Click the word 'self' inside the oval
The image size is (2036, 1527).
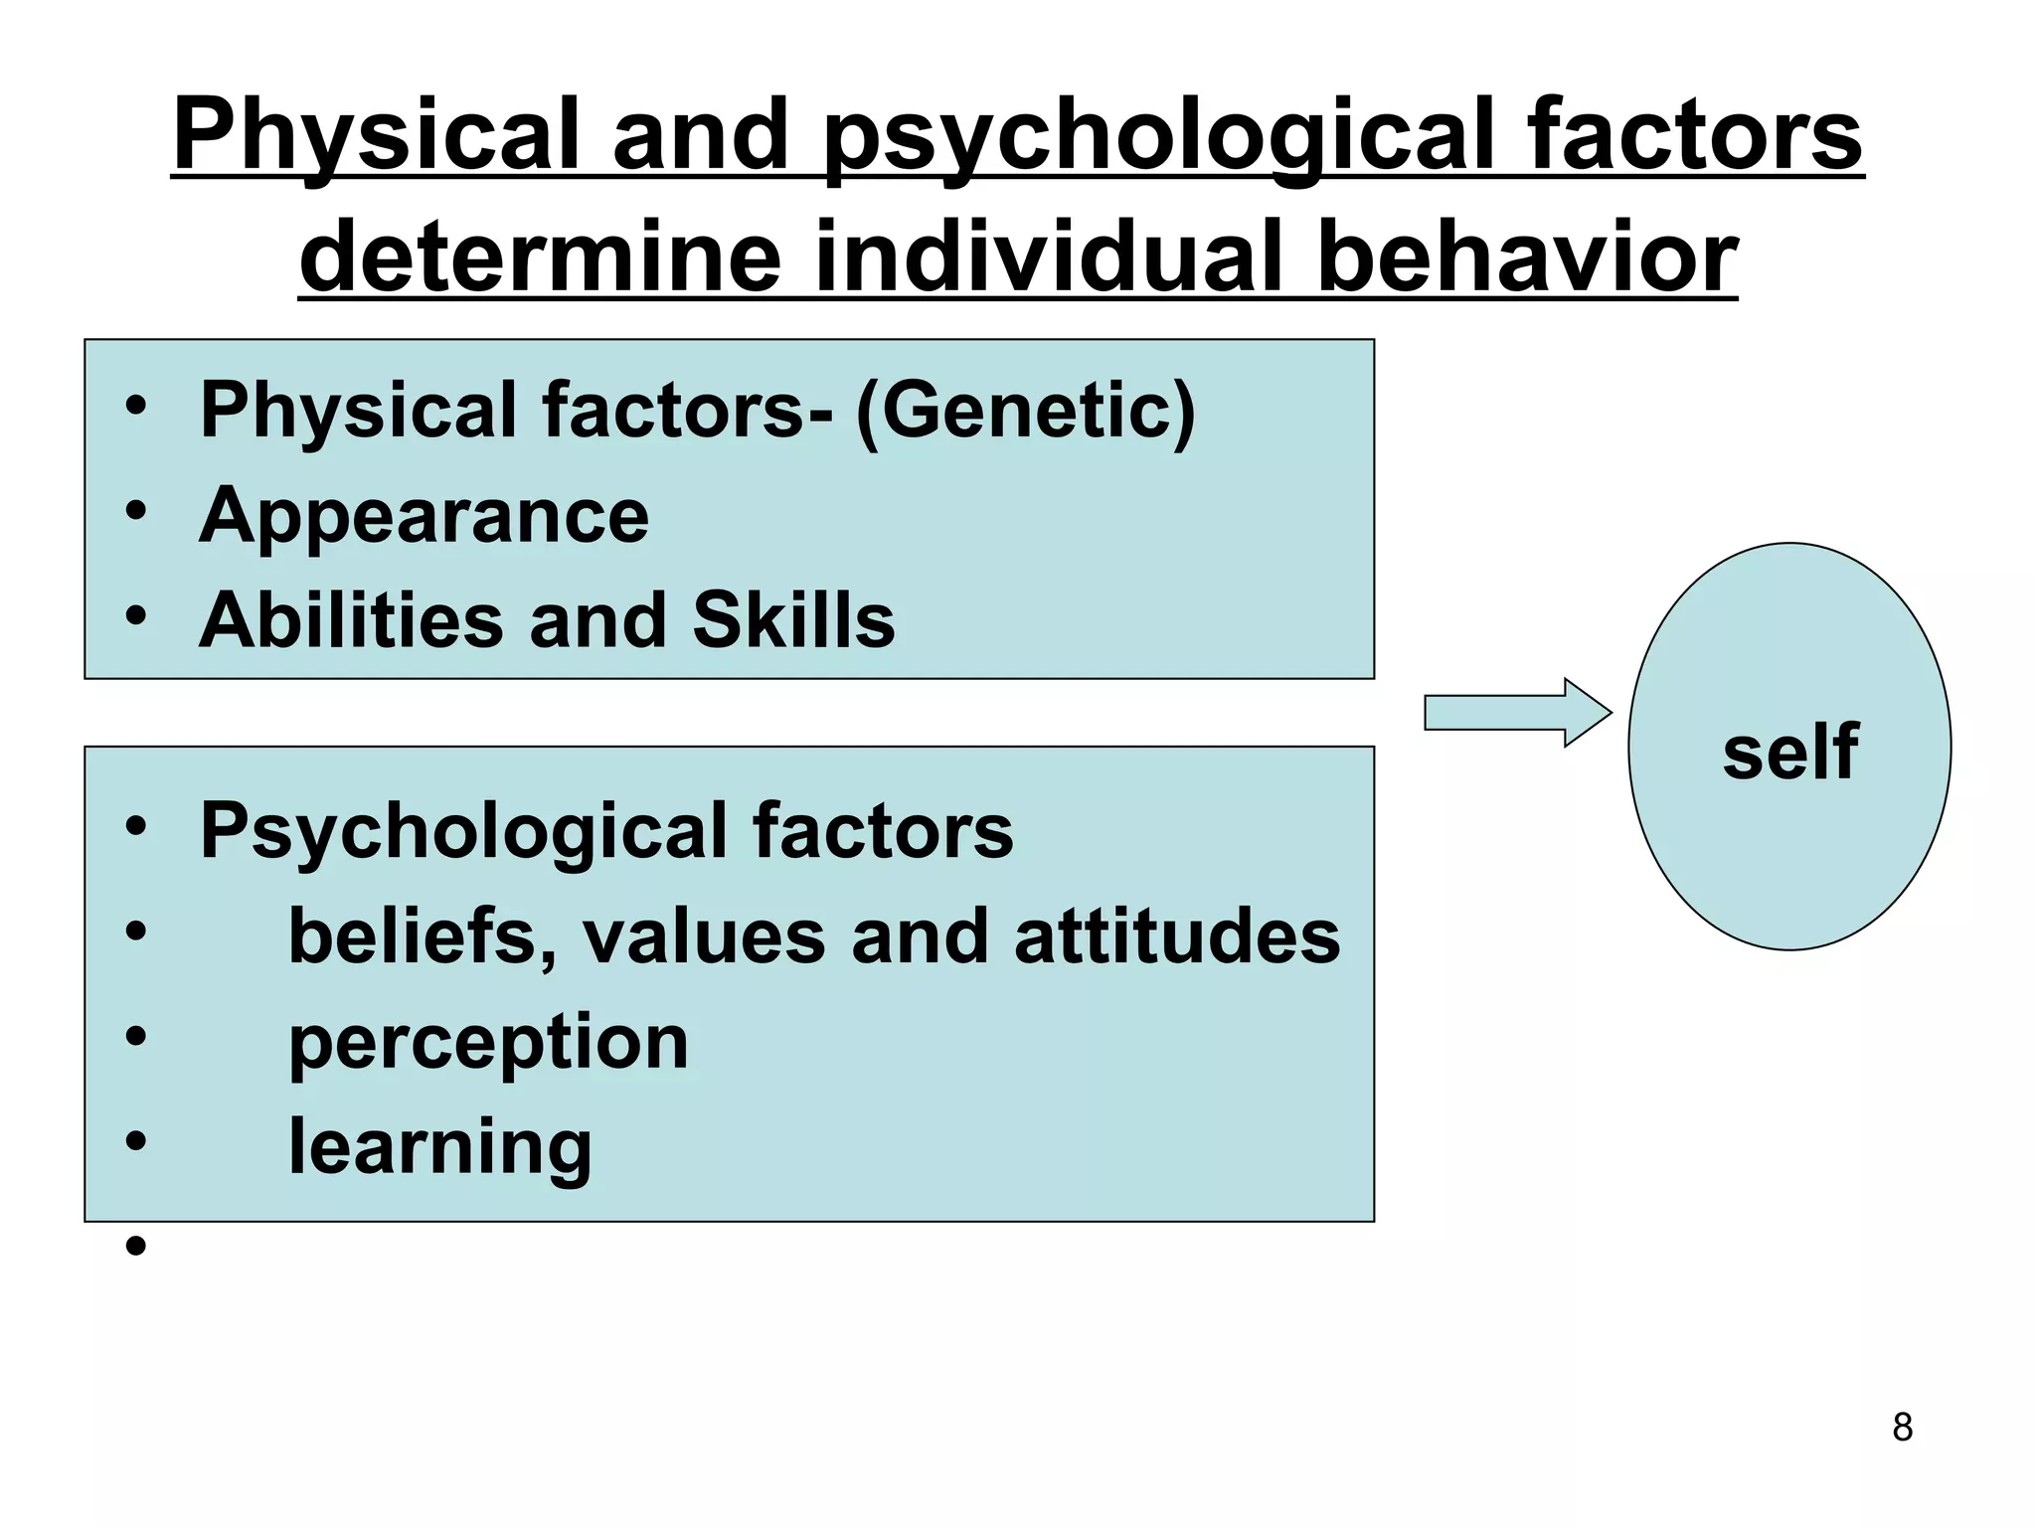[x=1789, y=752]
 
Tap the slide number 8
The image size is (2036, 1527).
[x=1902, y=1428]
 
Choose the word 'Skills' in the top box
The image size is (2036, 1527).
[x=793, y=620]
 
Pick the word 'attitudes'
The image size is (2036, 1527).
[x=1177, y=937]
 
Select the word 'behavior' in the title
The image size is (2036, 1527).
[x=1527, y=256]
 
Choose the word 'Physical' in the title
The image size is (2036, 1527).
[x=376, y=134]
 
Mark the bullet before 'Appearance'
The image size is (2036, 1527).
[x=136, y=511]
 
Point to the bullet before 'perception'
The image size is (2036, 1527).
[x=136, y=1037]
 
